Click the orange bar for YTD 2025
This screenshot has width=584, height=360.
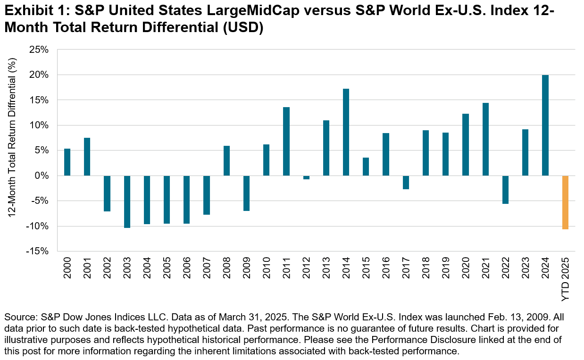pyautogui.click(x=565, y=202)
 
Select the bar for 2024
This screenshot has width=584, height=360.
pyautogui.click(x=545, y=126)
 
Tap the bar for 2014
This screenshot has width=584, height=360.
pyautogui.click(x=346, y=132)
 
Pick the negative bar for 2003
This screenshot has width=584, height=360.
pyautogui.click(x=127, y=201)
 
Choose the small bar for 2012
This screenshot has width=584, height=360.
pyautogui.click(x=306, y=177)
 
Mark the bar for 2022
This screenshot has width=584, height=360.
pyautogui.click(x=505, y=190)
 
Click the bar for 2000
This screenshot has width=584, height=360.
pyautogui.click(x=67, y=162)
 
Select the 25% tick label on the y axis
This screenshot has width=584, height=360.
pyautogui.click(x=40, y=50)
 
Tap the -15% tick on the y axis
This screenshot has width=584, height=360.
pyautogui.click(x=39, y=251)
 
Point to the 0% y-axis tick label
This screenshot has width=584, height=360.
pyautogui.click(x=42, y=176)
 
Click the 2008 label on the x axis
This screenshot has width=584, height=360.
pyautogui.click(x=227, y=268)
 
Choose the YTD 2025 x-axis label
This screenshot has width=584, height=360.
pyautogui.click(x=566, y=278)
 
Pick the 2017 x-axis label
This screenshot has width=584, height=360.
pyautogui.click(x=406, y=268)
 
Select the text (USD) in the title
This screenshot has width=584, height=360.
pyautogui.click(x=240, y=27)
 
